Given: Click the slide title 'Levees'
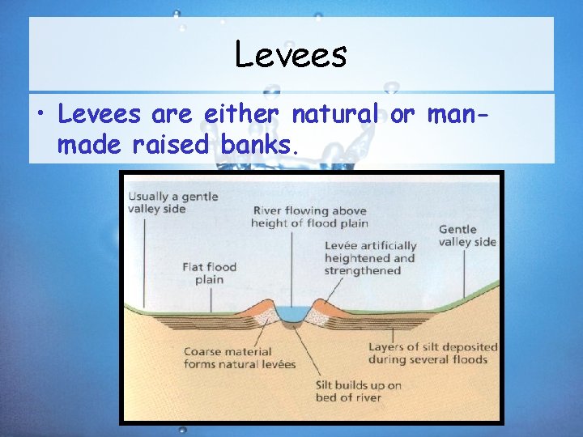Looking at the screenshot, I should [291, 55].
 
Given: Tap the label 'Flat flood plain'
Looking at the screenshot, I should [209, 273].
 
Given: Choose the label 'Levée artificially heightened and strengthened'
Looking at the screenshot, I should [370, 257].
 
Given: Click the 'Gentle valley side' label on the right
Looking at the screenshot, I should [467, 235].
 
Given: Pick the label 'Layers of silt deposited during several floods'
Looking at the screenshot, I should [432, 353].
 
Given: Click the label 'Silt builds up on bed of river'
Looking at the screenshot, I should [358, 391].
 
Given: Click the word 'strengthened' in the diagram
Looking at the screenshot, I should [363, 271].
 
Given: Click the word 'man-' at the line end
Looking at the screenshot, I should [458, 115].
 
